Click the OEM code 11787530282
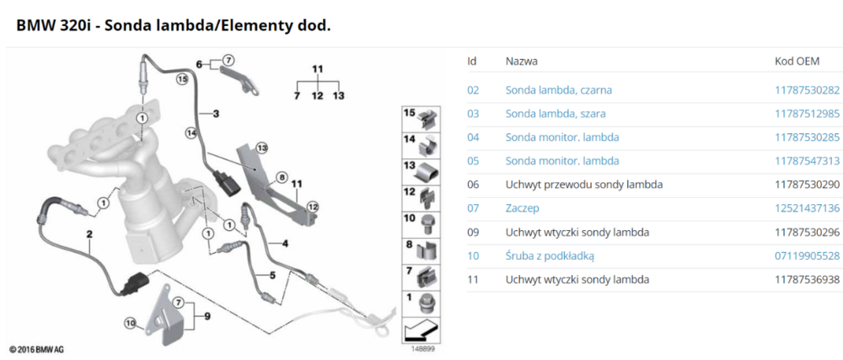click(807, 90)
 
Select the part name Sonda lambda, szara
click(555, 114)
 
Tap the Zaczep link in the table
click(524, 208)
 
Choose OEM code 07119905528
click(807, 255)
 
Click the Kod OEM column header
click(797, 62)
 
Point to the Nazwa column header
click(522, 62)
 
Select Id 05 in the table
click(473, 161)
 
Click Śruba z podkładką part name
click(555, 255)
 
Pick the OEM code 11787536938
click(807, 279)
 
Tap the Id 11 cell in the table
click(472, 279)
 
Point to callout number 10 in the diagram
click(130, 322)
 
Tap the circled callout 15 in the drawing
click(180, 80)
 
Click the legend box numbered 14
click(421, 144)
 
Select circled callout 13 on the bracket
click(261, 148)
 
